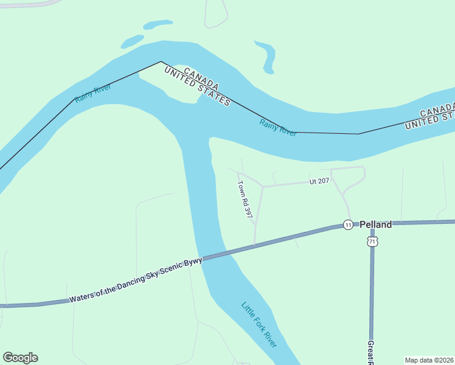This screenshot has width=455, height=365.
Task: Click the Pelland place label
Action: click(x=375, y=224)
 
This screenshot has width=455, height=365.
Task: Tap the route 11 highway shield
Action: click(x=347, y=224)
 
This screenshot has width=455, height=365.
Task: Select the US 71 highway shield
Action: click(x=372, y=242)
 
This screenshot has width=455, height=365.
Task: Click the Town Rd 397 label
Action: click(x=245, y=200)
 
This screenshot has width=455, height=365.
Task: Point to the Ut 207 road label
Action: click(x=319, y=181)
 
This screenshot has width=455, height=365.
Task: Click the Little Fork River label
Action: click(x=259, y=325)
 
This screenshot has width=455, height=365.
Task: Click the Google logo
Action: click(x=20, y=358)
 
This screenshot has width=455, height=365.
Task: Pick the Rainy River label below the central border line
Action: click(x=278, y=128)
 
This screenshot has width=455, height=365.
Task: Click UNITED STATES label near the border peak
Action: click(x=198, y=86)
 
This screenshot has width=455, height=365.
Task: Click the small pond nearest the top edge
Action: click(x=158, y=25)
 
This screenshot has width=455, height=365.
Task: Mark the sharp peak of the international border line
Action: click(x=161, y=61)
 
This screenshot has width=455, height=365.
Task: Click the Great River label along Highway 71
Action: click(x=370, y=352)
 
